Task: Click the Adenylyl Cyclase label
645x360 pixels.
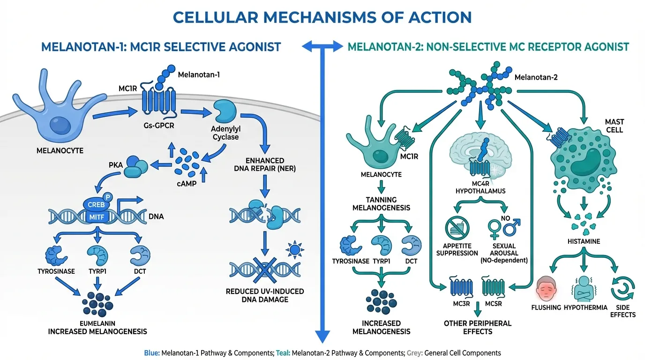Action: click(x=225, y=133)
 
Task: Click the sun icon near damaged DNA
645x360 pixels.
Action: click(x=294, y=250)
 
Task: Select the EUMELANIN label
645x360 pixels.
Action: click(x=97, y=323)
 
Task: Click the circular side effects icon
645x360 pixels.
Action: click(x=622, y=287)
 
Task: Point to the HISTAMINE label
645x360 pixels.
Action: click(x=584, y=241)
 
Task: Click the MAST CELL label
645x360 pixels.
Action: click(x=614, y=126)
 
